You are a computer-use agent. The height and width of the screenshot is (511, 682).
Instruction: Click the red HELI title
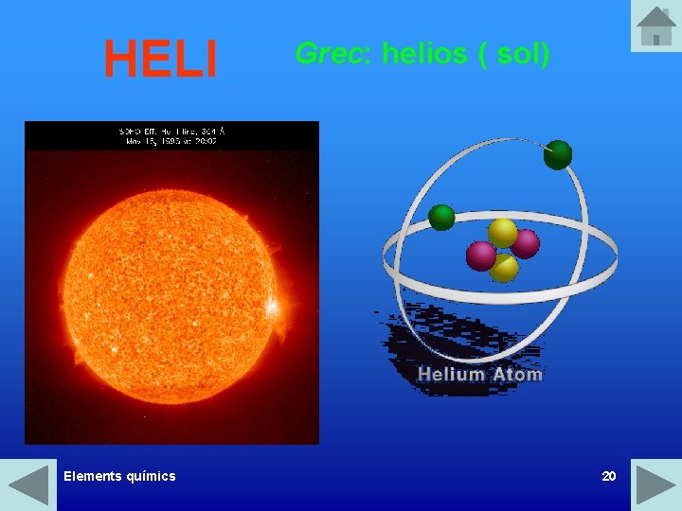pos(161,58)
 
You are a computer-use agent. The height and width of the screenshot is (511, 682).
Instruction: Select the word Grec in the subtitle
pos(328,54)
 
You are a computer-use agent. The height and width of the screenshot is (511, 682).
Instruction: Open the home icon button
pos(655,26)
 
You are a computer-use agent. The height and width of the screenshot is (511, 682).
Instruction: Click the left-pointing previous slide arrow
pos(27,485)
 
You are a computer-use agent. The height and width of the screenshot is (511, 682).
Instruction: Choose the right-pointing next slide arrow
pos(655,485)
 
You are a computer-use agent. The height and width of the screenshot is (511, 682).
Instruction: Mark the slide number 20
pos(609,476)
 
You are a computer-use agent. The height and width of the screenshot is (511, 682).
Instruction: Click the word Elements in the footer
pos(94,476)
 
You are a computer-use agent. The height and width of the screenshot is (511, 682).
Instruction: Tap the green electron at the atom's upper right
pos(558,154)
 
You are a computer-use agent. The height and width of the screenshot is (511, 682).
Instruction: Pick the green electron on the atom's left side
pos(442,218)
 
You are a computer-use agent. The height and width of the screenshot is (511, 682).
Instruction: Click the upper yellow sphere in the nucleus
pos(502,232)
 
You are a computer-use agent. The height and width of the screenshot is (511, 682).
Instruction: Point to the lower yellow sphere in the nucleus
pos(504,268)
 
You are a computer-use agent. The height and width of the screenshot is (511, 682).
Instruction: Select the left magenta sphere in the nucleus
pos(481,255)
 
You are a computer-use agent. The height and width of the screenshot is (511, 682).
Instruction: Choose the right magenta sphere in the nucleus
pos(525,244)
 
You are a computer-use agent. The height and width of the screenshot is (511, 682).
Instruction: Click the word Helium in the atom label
pos(451,374)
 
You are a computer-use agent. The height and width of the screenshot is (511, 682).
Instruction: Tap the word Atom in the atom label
pos(517,374)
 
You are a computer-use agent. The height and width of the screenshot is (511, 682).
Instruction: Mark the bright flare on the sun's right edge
pos(273,308)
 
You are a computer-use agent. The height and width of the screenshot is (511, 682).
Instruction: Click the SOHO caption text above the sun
pos(171,135)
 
